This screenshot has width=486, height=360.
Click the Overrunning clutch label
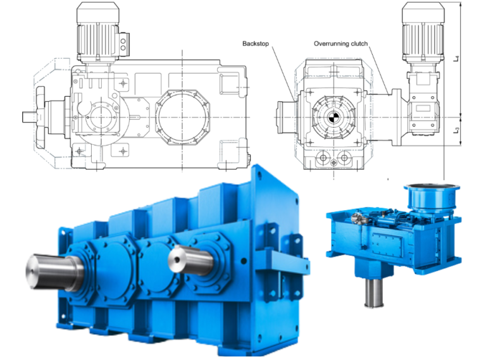click(341, 44)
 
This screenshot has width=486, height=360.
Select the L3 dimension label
click(458, 131)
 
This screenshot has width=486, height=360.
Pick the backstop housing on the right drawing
click(286, 118)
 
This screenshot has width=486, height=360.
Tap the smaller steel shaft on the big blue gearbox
click(187, 259)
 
